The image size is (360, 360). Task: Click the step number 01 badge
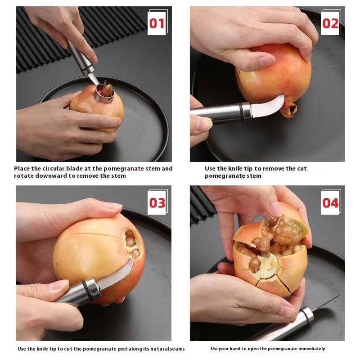[157, 22]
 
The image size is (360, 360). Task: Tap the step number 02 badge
[331, 22]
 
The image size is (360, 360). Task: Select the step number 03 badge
[157, 202]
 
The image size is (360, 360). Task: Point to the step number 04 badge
[331, 202]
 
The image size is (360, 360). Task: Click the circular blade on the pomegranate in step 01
[104, 94]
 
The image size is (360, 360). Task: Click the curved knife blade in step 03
[117, 275]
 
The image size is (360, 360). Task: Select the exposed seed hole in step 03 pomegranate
[131, 243]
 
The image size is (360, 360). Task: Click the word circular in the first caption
[50, 168]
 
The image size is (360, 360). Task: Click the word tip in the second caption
[248, 168]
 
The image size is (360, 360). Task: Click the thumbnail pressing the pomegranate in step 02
[266, 61]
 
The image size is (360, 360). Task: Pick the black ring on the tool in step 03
[91, 290]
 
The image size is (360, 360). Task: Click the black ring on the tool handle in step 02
[242, 111]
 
